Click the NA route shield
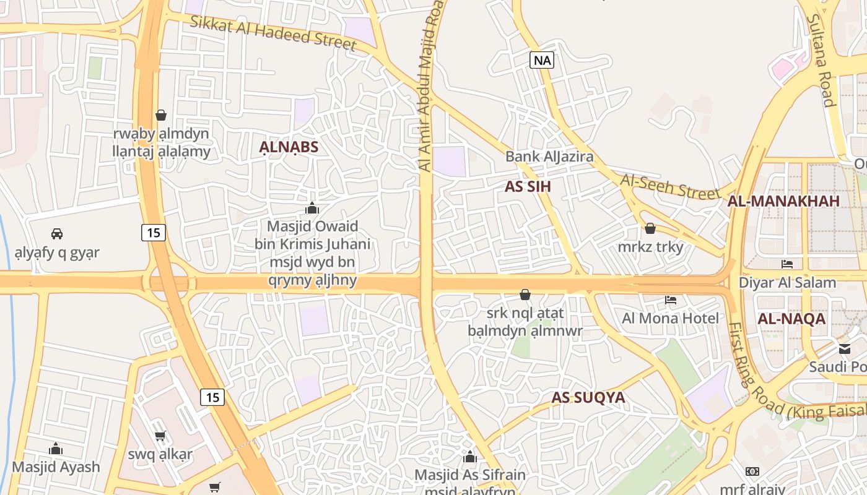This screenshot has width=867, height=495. click(542, 60)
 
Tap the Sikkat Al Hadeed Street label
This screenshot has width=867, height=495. click(273, 33)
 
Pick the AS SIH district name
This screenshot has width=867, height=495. click(528, 187)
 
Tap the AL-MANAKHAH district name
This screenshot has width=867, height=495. click(783, 201)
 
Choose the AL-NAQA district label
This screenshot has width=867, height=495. click(791, 319)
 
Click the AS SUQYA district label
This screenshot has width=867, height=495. click(588, 397)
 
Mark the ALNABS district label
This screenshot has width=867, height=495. click(289, 147)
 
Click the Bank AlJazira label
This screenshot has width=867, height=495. click(549, 157)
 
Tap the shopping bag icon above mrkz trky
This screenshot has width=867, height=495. click(650, 229)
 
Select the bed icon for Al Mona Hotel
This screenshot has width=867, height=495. click(671, 301)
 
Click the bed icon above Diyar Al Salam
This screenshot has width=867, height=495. click(787, 264)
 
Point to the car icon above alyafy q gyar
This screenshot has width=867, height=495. click(57, 234)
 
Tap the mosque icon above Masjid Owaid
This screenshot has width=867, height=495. click(312, 208)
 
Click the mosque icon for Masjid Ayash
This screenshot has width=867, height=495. click(56, 449)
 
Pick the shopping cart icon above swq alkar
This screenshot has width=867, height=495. click(160, 436)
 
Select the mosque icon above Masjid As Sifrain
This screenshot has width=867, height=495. click(470, 457)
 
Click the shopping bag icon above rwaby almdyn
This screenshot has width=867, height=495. click(161, 115)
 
